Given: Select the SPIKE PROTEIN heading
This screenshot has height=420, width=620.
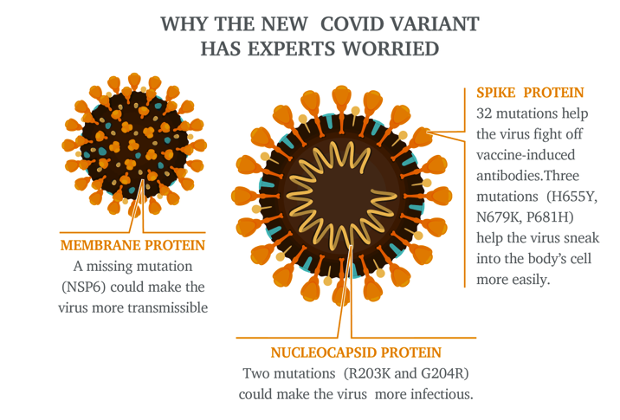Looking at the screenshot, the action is (x=530, y=93).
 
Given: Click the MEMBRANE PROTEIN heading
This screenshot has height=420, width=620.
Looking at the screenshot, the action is (x=132, y=245).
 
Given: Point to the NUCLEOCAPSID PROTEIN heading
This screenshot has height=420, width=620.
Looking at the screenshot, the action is (x=356, y=352).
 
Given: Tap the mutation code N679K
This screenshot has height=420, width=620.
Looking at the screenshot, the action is (x=499, y=217).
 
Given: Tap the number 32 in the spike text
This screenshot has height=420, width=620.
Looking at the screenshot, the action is (x=484, y=113).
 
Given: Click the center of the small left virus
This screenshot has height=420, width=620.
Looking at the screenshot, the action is (x=134, y=145).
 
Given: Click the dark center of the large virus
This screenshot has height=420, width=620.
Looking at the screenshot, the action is (x=342, y=196).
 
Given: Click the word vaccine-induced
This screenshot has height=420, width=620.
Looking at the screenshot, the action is (x=526, y=155).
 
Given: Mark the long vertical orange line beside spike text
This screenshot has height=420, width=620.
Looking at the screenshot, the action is (x=465, y=187).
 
